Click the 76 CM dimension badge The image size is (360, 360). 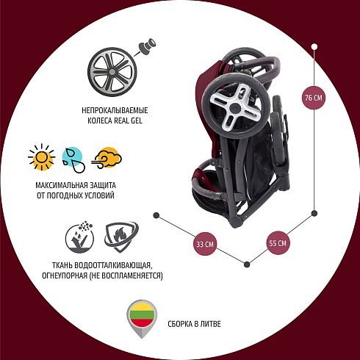click(314, 98)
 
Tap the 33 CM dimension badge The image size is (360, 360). click(205, 244)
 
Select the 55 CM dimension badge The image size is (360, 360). click(278, 243)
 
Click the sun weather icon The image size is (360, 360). click(41, 157)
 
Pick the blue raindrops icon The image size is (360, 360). click(73, 160)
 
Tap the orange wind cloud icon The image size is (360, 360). click(107, 158)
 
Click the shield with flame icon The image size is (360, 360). click(121, 237)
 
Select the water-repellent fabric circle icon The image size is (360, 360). click(79, 237)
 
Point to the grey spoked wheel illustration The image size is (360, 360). click(112, 72)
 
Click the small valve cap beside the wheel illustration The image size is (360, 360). click(147, 46)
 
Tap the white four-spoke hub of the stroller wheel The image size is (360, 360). click(235, 107)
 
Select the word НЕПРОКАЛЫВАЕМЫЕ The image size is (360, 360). click(115, 110)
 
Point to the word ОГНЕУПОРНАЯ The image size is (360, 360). click(65, 276)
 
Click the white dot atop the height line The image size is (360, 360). click(314, 47)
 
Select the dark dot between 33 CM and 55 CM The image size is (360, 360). click(247, 264)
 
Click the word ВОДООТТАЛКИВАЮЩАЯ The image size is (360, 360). click(112, 265)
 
